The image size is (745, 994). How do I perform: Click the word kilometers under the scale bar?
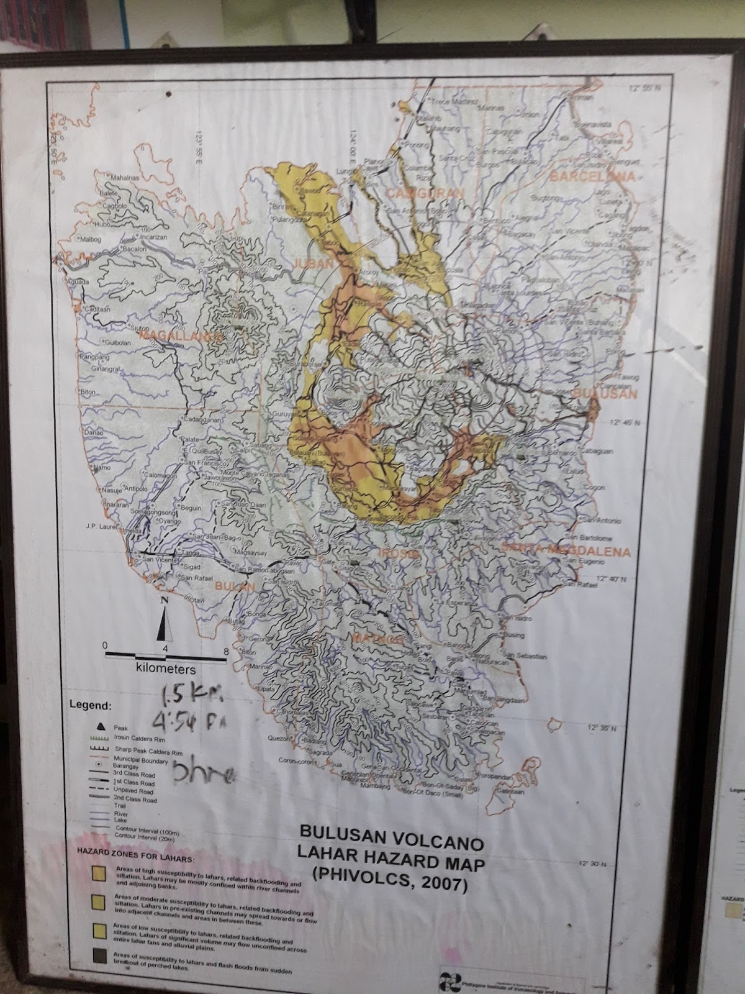165,669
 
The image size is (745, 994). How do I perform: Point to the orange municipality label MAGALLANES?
181,335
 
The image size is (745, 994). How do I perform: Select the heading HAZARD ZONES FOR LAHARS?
134,858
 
